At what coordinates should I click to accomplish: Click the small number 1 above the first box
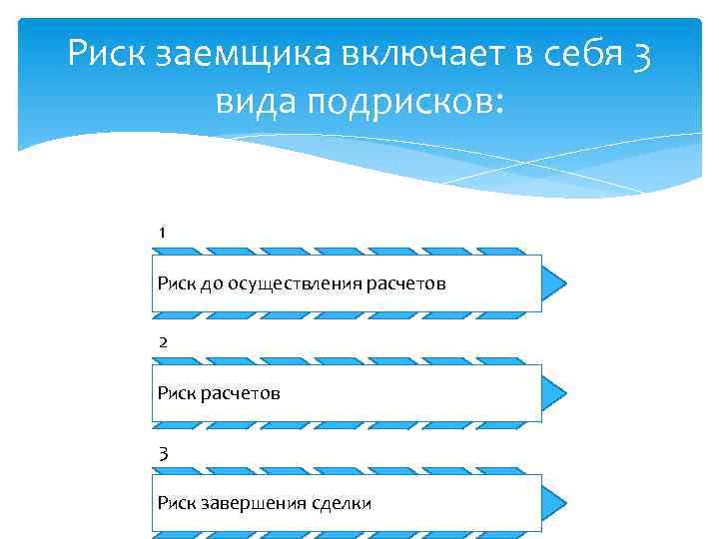click(162, 233)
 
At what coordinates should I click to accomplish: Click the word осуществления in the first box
click(291, 284)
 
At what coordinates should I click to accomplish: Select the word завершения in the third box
click(250, 503)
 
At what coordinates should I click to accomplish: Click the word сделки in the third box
click(343, 503)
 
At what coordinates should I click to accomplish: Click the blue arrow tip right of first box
click(555, 283)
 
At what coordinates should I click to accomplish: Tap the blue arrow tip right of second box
click(555, 393)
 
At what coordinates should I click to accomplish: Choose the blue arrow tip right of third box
click(555, 503)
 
